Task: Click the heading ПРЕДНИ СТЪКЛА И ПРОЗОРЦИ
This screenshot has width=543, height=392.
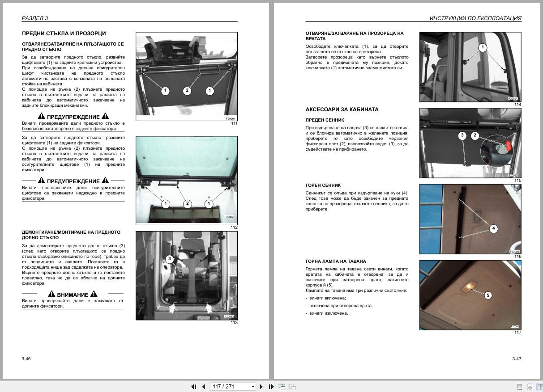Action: pyautogui.click(x=64, y=34)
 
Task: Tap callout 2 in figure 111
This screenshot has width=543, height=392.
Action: pyautogui.click(x=187, y=91)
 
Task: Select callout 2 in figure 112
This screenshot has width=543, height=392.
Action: pyautogui.click(x=187, y=203)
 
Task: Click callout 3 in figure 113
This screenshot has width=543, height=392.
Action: pyautogui.click(x=170, y=259)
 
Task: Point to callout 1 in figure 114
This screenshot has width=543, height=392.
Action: pyautogui.click(x=483, y=47)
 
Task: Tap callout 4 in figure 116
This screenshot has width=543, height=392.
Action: pyautogui.click(x=493, y=228)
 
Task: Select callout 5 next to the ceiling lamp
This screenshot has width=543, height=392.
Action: pyautogui.click(x=488, y=295)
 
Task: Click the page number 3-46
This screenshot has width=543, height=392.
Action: pyautogui.click(x=26, y=358)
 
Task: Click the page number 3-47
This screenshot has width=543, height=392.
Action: pyautogui.click(x=517, y=358)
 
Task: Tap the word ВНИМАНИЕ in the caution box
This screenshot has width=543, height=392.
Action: pyautogui.click(x=73, y=295)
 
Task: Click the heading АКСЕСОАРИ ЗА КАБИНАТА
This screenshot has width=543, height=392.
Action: pyautogui.click(x=342, y=110)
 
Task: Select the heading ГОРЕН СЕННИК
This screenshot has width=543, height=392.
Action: pyautogui.click(x=323, y=185)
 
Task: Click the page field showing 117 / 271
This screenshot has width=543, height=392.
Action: pyautogui.click(x=233, y=387)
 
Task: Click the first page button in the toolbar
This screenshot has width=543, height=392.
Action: pyautogui.click(x=194, y=387)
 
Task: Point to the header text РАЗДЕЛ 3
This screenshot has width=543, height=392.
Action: pyautogui.click(x=34, y=18)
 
